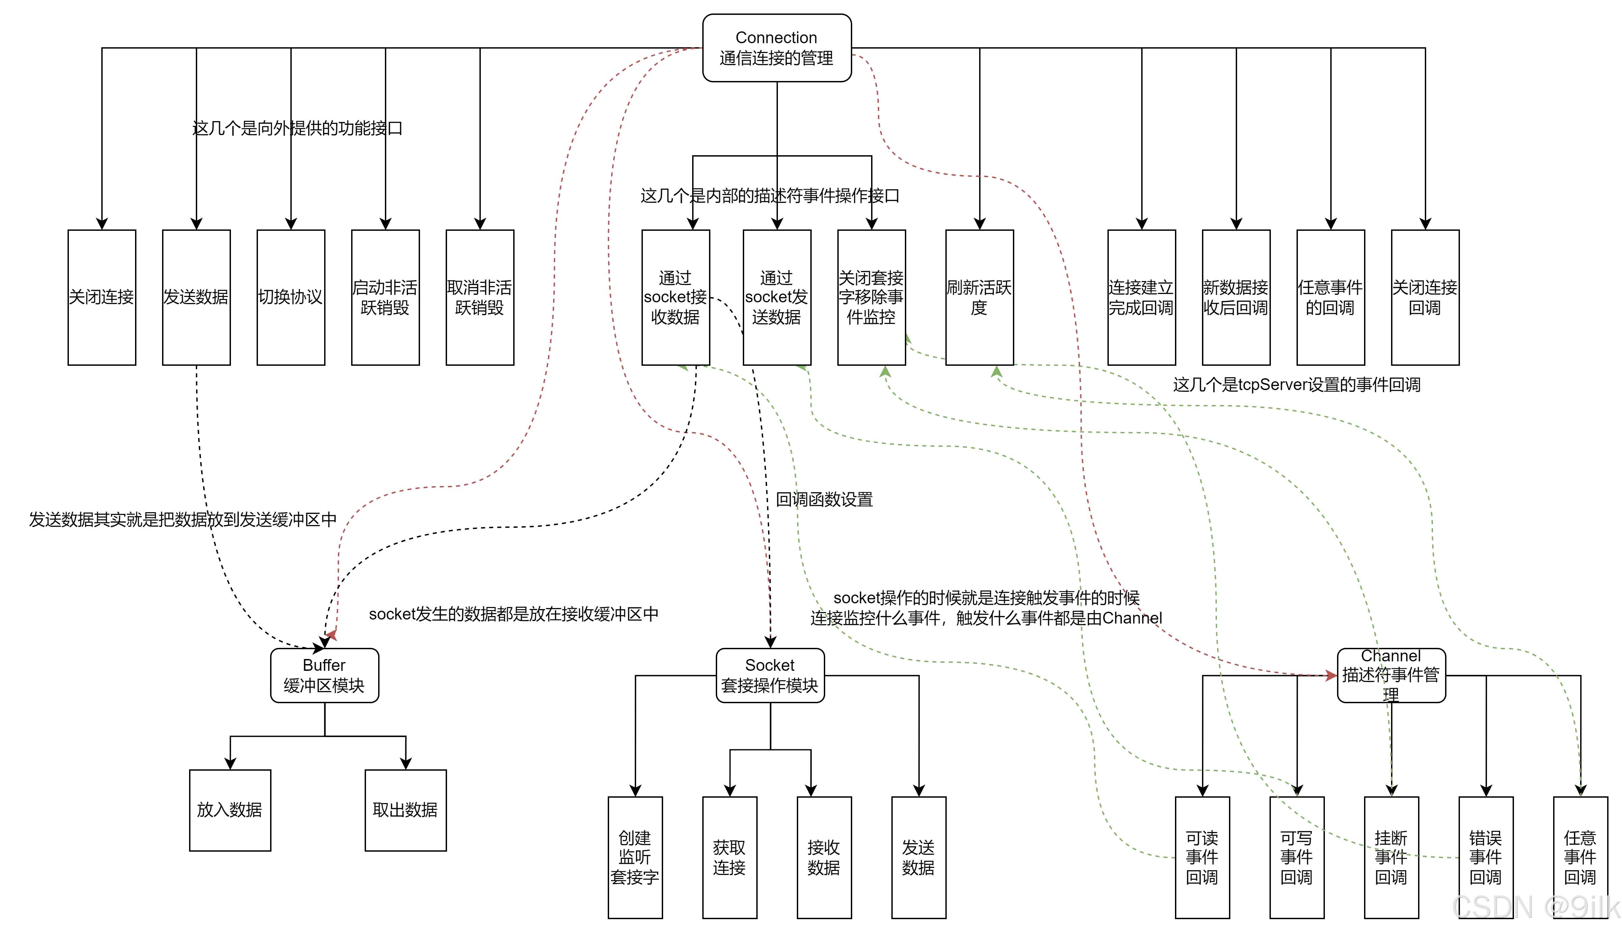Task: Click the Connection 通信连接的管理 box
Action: click(777, 48)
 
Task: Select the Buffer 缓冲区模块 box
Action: click(324, 676)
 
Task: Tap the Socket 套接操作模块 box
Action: click(769, 676)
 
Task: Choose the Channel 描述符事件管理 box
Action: click(1391, 676)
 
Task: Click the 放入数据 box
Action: click(230, 810)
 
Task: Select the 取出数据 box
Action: click(405, 810)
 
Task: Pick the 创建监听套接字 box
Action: click(635, 858)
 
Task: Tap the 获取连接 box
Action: click(729, 858)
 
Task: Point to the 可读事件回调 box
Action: click(1202, 858)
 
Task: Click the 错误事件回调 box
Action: click(1485, 858)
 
